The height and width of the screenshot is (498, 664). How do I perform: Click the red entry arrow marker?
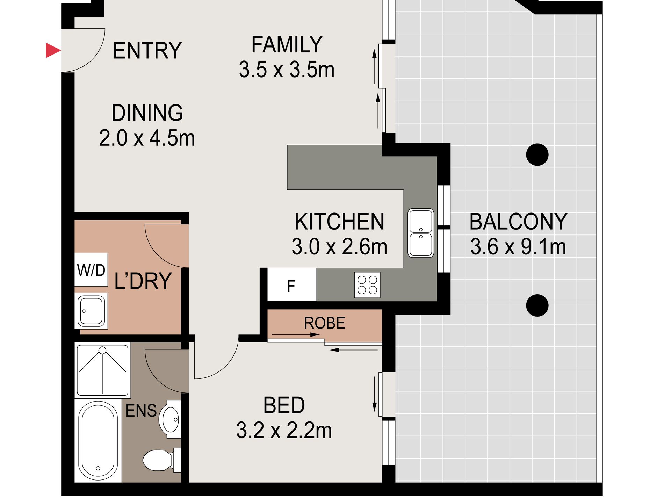53,50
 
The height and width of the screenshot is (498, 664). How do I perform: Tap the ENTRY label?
147,51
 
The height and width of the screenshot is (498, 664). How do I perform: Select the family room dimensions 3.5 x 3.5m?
287,70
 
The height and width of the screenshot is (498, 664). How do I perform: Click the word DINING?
147,113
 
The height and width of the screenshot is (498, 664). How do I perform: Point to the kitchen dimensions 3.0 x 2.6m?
339,247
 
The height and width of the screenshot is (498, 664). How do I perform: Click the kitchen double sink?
421,233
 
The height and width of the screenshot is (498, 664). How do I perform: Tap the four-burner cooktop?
367,285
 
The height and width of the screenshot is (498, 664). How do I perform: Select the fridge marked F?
292,285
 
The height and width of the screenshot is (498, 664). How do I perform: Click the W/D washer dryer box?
91,270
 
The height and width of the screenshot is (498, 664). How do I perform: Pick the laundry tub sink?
91,311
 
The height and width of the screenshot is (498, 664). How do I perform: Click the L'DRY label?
143,281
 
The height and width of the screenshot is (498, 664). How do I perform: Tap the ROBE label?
325,323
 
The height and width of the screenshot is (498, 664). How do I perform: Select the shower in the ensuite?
102,370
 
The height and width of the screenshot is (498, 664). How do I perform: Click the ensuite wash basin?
170,419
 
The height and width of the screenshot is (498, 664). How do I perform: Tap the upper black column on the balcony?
537,154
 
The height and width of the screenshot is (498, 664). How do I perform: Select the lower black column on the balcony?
537,305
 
